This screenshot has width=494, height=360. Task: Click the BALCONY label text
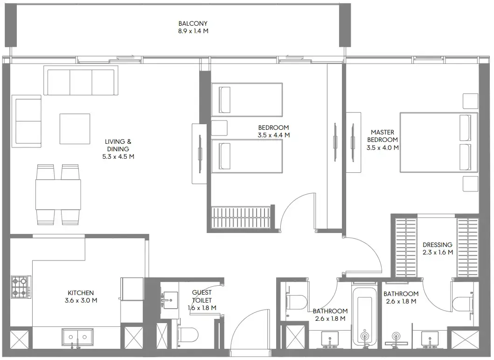tap(193, 23)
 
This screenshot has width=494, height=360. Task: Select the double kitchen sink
tap(77, 337)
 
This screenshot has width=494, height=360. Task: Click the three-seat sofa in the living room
tap(81, 80)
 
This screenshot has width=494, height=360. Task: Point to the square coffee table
tap(75, 129)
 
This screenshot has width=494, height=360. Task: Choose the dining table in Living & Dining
tap(58, 194)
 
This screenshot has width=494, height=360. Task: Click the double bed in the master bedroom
tap(438, 142)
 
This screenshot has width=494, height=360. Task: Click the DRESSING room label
tap(437, 245)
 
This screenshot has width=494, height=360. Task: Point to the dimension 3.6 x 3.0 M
tap(81, 300)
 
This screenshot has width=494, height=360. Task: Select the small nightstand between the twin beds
tap(219, 128)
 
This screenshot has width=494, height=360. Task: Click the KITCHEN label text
tap(81, 293)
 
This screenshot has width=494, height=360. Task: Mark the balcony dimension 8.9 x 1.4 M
tap(193, 32)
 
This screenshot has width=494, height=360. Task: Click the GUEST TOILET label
tap(202, 296)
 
